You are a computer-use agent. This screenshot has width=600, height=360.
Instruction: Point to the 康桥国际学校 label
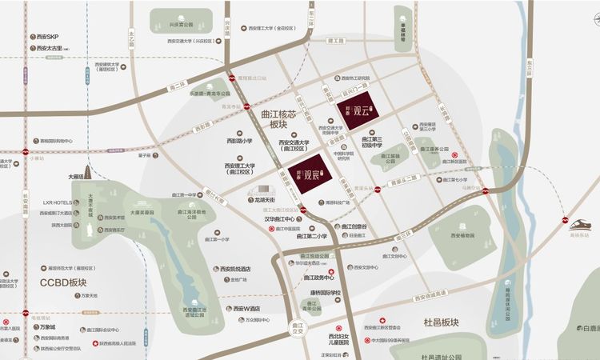323,293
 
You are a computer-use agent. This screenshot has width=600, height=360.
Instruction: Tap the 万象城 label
48,327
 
